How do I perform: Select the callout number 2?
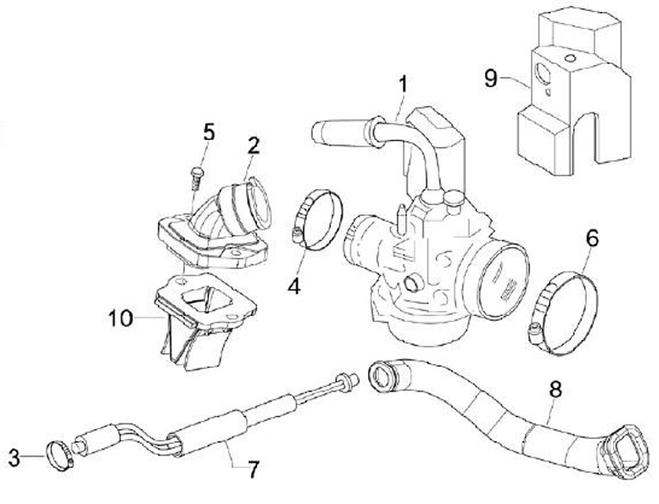(x=254, y=144)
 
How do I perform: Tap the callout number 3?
(x=14, y=456)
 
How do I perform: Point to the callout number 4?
(x=293, y=286)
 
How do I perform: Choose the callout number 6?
(x=592, y=240)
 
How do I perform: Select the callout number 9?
(x=492, y=78)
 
